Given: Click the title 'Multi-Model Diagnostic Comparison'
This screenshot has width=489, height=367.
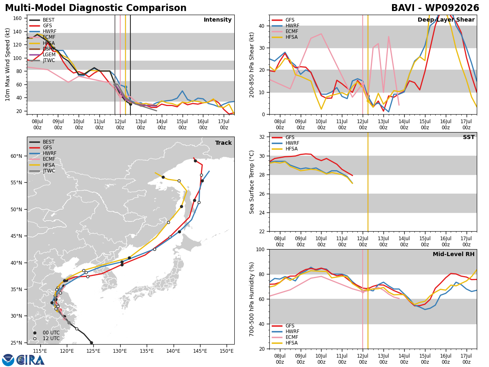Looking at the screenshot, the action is (x=96, y=8).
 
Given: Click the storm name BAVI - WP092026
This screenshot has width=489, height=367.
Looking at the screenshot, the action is (x=435, y=8).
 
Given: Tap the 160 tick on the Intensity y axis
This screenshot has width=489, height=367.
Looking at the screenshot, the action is (x=17, y=18).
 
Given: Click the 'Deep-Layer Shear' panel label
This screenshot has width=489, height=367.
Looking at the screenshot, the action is (x=446, y=20).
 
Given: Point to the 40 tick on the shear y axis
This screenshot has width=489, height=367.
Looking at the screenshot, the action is (x=261, y=26).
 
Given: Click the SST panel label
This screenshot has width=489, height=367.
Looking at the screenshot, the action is (x=469, y=137).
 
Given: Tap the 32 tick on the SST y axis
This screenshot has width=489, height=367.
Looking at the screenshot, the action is (x=262, y=137).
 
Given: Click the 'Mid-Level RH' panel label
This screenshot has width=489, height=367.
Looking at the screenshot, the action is (x=454, y=254).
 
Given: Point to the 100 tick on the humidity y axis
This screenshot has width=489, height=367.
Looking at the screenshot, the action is (x=260, y=249).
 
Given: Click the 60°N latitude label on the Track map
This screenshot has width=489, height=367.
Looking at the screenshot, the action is (x=16, y=156).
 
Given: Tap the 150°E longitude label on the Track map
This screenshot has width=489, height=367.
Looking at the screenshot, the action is (x=227, y=351).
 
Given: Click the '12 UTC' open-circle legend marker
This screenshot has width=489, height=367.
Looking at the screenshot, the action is (x=35, y=339).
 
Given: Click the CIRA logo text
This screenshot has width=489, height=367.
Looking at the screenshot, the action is (x=30, y=360).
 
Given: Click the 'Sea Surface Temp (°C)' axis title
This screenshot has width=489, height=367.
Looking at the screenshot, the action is (x=251, y=182).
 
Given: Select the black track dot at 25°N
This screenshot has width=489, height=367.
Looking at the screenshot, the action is (x=91, y=343).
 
